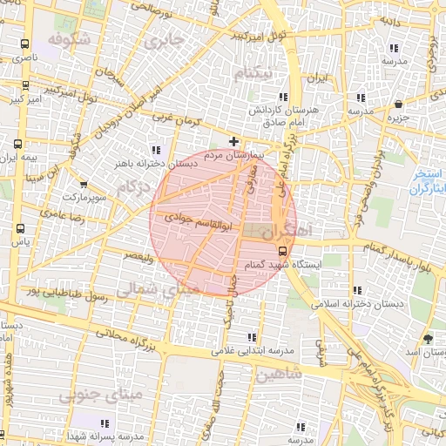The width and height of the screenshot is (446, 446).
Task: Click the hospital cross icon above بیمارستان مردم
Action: tap(233, 141)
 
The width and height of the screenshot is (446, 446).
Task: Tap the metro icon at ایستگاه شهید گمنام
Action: tap(280, 249)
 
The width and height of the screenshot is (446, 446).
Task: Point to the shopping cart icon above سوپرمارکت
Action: tap(84, 185)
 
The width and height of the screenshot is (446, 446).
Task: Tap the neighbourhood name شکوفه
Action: tap(69, 40)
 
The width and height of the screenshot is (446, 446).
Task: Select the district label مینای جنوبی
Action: tap(100, 396)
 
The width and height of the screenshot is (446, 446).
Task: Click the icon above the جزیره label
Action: tap(398, 104)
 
